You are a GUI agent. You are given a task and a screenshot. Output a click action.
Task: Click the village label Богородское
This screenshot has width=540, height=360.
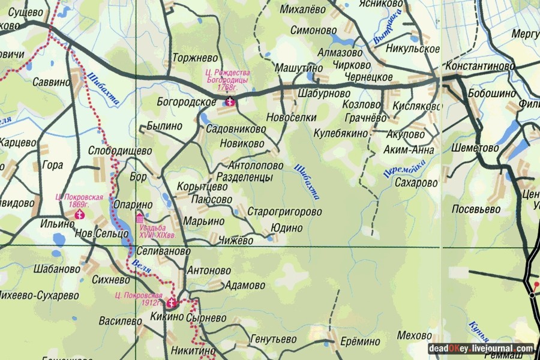pyautogui.click(x=182, y=102)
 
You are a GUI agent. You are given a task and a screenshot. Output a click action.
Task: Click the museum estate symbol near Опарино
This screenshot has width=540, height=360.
pyautogui.click(x=140, y=217)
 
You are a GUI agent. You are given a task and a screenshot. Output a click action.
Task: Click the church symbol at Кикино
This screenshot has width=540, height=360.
pyautogui.click(x=172, y=303)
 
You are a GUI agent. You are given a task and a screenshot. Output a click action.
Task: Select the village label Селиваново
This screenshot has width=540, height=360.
pyautogui.click(x=163, y=252)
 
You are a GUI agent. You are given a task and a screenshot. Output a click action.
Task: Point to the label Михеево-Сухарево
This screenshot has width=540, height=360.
pyautogui.click(x=40, y=295)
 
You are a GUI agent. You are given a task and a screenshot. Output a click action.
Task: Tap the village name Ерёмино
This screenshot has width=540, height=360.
pyautogui.click(x=360, y=341)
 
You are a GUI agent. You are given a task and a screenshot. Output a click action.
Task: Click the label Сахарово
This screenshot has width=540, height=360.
pyautogui.click(x=416, y=183)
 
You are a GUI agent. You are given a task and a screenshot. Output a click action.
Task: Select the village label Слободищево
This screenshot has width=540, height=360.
pyautogui.click(x=120, y=151)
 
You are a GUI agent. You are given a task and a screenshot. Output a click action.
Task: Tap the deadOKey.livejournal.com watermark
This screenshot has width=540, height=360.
pyautogui.click(x=481, y=349)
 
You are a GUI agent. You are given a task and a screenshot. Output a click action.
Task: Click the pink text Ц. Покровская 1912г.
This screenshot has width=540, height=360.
pyautogui.click(x=140, y=299)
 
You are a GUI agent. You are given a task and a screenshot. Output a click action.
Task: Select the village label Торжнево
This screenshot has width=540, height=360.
pyautogui.click(x=194, y=58)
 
